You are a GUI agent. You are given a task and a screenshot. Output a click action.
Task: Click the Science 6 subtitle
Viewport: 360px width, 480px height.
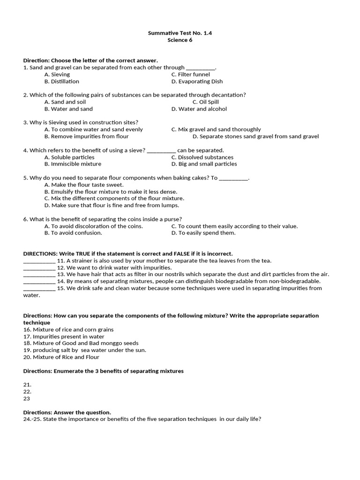click(x=180, y=40)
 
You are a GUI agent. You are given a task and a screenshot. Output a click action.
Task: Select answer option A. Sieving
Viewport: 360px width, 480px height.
click(x=57, y=74)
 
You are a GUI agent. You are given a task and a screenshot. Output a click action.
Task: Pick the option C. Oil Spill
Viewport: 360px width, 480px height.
click(x=205, y=102)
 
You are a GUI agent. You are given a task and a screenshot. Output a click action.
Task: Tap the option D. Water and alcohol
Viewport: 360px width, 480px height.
click(x=199, y=109)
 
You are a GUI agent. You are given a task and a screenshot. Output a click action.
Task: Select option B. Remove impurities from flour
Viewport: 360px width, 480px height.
click(x=86, y=136)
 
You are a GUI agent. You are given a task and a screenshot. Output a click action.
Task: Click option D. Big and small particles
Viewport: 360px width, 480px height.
click(x=204, y=164)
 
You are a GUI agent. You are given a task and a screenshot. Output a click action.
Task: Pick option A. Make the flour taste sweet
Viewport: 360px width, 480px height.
click(x=84, y=185)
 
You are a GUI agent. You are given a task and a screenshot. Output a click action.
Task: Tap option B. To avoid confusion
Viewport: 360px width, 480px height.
click(x=73, y=232)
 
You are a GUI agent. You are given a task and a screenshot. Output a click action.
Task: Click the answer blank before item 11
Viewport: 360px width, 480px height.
click(x=39, y=262)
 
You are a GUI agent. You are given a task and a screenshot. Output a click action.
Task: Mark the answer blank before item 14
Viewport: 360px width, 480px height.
click(x=39, y=282)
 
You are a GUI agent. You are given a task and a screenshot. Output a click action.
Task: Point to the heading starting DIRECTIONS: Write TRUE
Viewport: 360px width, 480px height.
click(x=128, y=254)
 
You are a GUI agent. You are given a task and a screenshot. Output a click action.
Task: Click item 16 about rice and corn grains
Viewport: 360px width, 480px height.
click(x=68, y=330)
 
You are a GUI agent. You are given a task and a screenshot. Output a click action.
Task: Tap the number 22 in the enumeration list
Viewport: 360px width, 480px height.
click(x=27, y=391)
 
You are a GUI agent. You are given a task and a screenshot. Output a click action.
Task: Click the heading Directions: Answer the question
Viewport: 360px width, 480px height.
click(x=67, y=412)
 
